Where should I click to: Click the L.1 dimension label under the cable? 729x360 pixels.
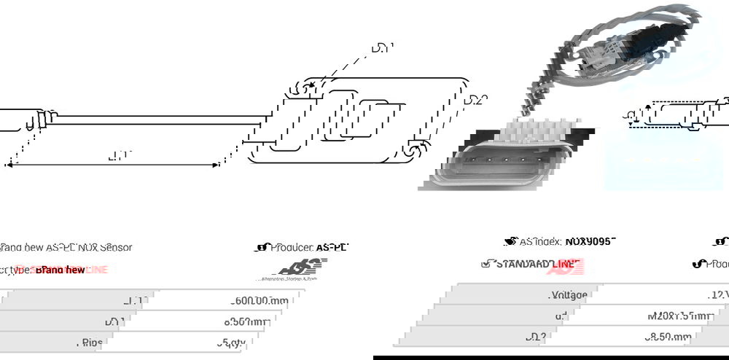tap(118, 155)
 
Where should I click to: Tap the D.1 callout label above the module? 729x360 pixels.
tap(381, 49)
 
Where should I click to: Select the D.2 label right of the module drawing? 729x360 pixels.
tap(475, 100)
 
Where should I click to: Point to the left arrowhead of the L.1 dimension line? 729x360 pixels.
tap(9, 165)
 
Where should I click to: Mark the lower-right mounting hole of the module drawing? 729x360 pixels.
tap(413, 151)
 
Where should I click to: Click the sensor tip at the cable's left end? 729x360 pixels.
tap(18, 120)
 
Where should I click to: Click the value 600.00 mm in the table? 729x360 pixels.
tap(260, 300)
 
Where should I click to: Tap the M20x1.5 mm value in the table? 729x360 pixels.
tap(679, 316)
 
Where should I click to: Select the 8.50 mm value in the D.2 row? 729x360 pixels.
tap(666, 337)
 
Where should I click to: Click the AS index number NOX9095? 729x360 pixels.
tap(590, 241)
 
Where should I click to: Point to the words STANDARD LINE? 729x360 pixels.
tap(538, 263)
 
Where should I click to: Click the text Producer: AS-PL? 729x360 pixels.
tap(308, 248)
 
